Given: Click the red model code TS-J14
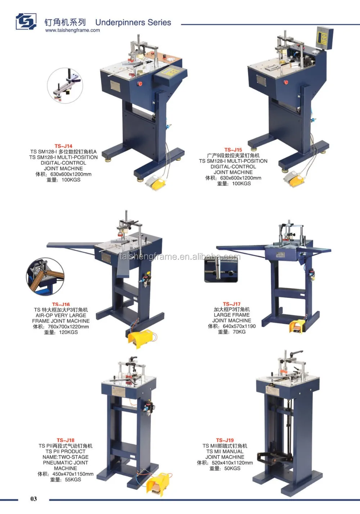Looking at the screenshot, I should (63, 146).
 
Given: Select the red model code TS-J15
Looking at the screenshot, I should (233, 150).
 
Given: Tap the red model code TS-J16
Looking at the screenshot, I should (61, 304).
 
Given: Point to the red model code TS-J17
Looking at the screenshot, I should (231, 304).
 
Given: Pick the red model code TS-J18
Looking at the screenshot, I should (66, 440).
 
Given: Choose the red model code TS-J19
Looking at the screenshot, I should (225, 440).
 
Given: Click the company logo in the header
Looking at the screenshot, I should (26, 22).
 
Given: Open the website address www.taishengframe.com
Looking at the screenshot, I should (72, 31).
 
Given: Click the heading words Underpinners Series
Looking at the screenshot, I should (133, 22).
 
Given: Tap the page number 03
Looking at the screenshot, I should (33, 499).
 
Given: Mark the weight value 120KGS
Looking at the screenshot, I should (68, 332).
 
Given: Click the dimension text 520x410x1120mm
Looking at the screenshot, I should (232, 463).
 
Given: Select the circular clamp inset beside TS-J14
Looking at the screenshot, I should (65, 85).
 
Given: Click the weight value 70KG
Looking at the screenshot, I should (239, 332).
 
